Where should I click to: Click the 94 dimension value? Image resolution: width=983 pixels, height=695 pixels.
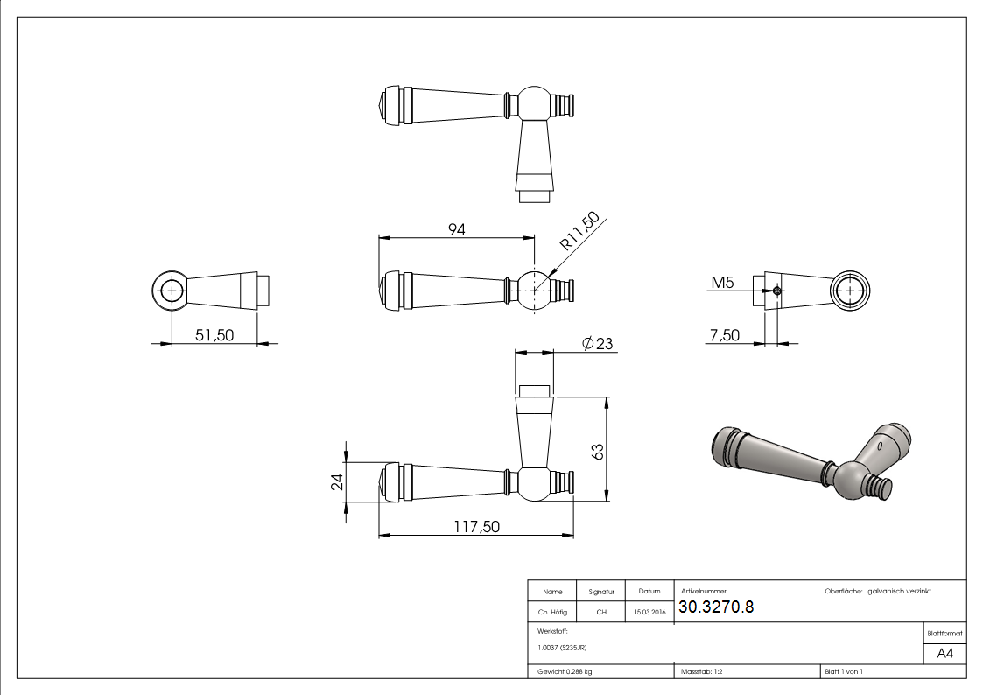456,229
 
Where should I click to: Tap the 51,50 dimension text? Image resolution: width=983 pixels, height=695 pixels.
214,334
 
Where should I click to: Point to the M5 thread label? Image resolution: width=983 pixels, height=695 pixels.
722,282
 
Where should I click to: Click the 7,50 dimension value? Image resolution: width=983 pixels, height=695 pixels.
725,335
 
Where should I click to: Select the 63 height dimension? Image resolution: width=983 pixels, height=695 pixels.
599,452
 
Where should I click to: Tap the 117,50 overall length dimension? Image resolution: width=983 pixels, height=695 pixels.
476,527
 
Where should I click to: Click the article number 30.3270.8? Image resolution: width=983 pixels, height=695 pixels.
716,607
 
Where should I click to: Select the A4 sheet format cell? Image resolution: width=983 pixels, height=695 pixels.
945,654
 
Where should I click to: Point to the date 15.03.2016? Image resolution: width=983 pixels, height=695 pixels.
649,613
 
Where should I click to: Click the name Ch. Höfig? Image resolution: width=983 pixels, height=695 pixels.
552,613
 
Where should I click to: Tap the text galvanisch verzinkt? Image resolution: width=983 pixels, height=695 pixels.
899,592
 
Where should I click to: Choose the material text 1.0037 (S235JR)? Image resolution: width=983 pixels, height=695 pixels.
562,648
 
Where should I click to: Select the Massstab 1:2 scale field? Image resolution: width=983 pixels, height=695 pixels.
701,671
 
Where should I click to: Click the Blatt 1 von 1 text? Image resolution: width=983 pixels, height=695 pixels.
843,671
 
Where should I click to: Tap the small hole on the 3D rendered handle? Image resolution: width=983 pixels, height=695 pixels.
878,446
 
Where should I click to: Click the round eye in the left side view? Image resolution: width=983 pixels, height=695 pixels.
172,290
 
